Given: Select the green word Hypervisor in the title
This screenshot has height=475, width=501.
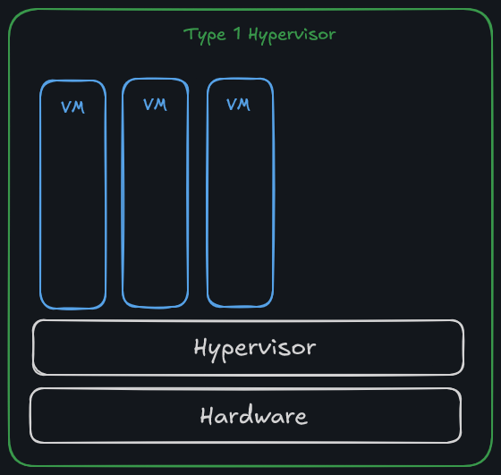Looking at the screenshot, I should (x=292, y=36).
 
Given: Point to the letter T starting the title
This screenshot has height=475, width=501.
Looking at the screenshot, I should (x=189, y=35).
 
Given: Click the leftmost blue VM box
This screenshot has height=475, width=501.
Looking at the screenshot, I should (x=72, y=206).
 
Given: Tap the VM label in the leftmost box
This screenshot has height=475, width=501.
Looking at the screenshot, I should (x=73, y=106).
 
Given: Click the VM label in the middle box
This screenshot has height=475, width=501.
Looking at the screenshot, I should (x=155, y=105).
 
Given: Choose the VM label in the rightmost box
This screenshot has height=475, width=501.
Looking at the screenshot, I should (x=238, y=105).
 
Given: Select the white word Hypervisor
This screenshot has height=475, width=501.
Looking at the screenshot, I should (x=255, y=347).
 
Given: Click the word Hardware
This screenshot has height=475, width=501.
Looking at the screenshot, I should (x=254, y=416).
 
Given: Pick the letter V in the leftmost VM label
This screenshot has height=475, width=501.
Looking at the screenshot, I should (x=66, y=106).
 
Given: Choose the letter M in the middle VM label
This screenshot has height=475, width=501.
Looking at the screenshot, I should (x=161, y=105).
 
